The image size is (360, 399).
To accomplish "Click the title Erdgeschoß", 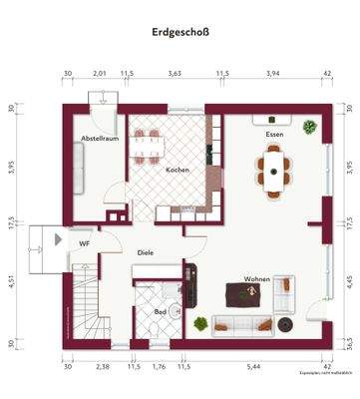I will click(x=180, y=31).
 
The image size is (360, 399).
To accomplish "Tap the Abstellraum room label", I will click(x=100, y=139).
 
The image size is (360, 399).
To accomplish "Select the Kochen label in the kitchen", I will click(x=178, y=171).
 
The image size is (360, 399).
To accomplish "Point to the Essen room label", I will click(x=274, y=134).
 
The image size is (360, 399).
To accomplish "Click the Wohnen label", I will click(x=258, y=279).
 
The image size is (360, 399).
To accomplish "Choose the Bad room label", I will click(x=161, y=312).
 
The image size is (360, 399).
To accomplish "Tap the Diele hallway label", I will click(x=146, y=253).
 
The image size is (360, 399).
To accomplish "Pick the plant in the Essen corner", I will click(x=310, y=128).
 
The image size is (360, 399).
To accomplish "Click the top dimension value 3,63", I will click(x=175, y=74).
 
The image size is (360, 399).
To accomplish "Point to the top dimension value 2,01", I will click(x=100, y=74).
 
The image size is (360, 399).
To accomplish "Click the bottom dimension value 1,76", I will click(x=159, y=367).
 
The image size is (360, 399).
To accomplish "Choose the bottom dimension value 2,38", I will click(x=102, y=367).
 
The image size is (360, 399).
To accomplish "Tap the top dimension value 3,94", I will click(x=272, y=74).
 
